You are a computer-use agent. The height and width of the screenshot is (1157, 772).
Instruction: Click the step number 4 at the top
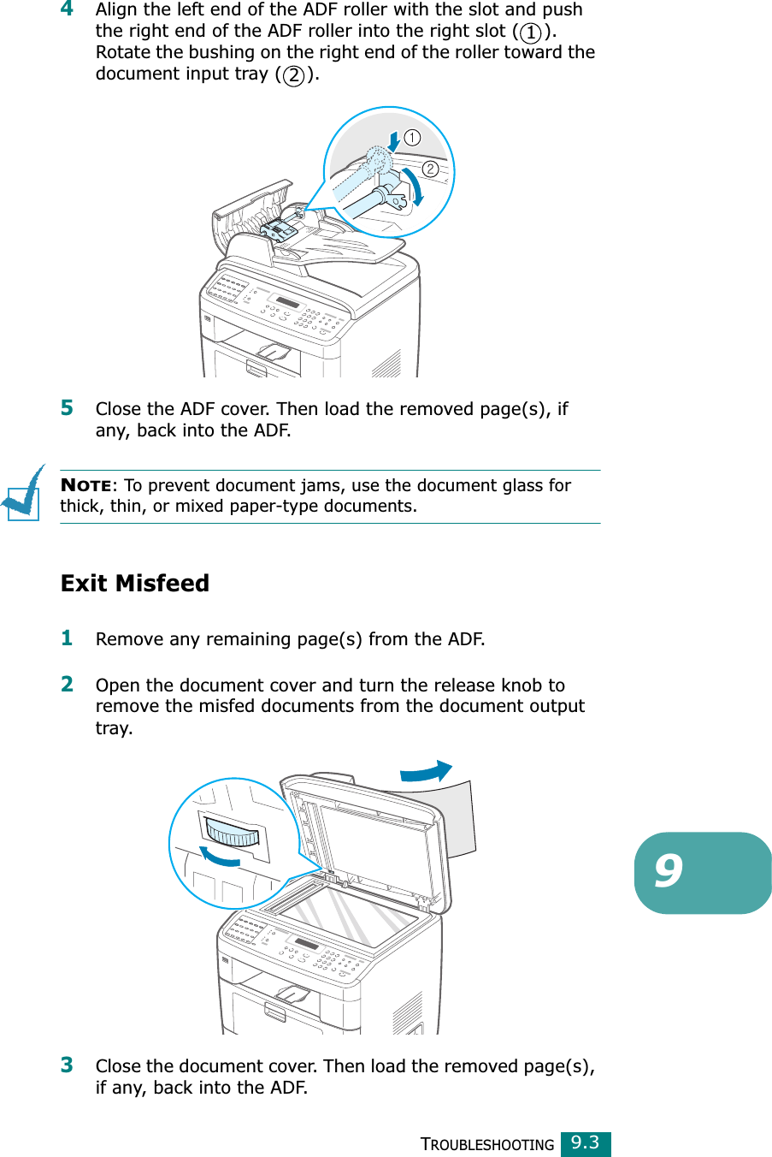[x=67, y=9]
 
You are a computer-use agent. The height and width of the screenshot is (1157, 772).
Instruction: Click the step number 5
[x=67, y=407]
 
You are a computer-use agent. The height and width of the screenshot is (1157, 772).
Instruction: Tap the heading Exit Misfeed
[x=135, y=583]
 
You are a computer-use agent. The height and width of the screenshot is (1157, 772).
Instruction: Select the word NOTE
[x=85, y=486]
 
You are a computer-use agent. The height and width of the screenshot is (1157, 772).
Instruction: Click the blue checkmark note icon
[x=24, y=492]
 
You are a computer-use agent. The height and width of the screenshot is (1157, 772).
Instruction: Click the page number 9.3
[x=586, y=1143]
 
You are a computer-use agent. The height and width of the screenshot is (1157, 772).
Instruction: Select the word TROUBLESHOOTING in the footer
[x=488, y=1145]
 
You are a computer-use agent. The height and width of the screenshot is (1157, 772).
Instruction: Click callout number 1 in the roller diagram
[x=412, y=138]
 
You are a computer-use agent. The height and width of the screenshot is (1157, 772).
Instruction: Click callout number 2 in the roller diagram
[x=430, y=169]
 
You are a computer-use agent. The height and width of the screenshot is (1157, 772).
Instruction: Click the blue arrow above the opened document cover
[x=426, y=771]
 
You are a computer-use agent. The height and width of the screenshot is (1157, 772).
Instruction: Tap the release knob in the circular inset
[x=232, y=833]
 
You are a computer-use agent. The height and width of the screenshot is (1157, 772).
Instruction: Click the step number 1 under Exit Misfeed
[x=67, y=638]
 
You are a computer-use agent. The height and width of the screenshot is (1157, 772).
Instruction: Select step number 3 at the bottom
[x=67, y=1065]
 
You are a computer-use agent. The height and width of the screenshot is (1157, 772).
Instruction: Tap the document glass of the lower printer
[x=351, y=916]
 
